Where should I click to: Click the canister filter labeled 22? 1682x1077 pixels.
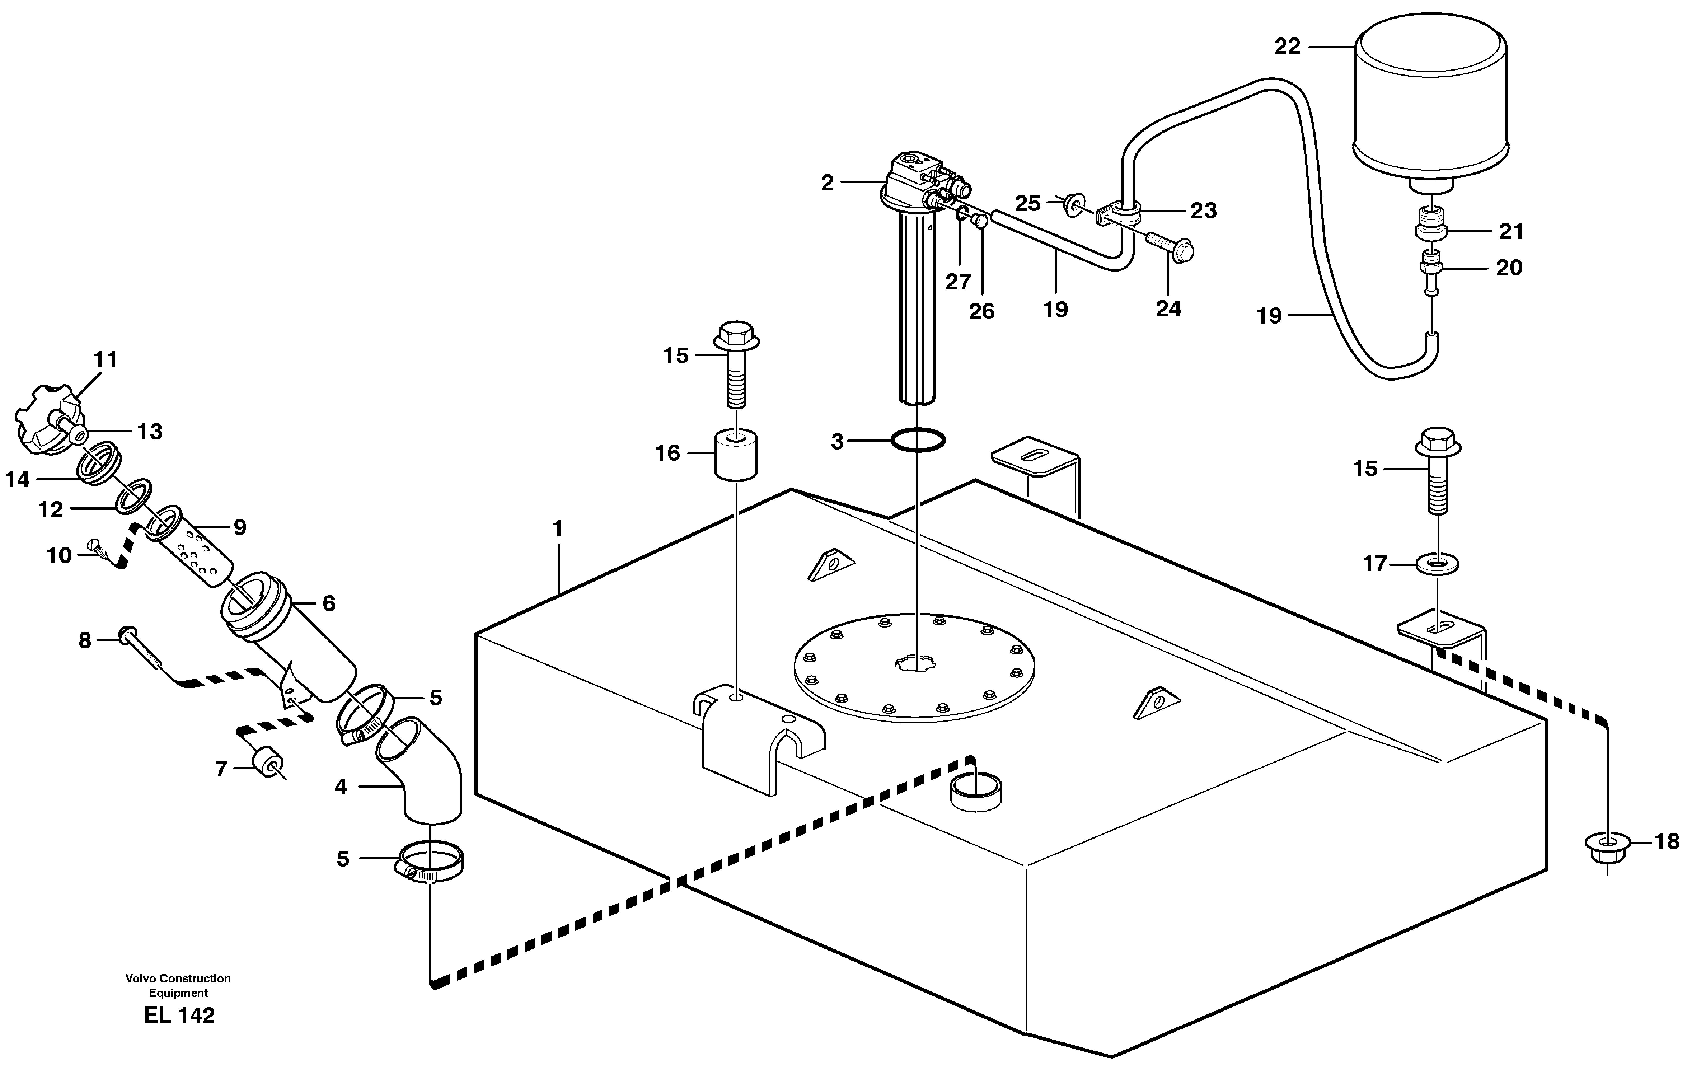pos(1430,101)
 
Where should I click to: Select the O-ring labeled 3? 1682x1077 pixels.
pos(918,440)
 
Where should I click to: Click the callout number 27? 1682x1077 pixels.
pos(958,282)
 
